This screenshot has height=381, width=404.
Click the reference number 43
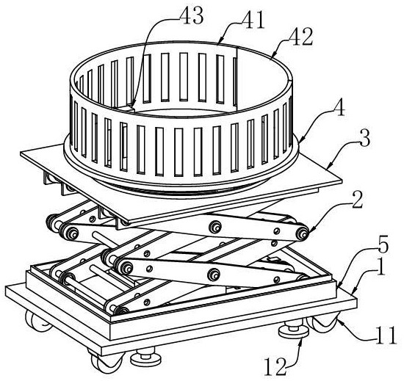point(191,15)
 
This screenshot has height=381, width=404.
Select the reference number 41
point(252,21)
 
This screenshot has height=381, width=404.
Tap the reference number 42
point(300,37)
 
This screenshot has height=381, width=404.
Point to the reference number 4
point(339,109)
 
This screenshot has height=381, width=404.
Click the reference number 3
point(364,139)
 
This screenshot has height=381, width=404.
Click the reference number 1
point(379,267)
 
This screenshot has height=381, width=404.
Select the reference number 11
point(386,335)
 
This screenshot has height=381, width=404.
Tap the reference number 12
point(275,367)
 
